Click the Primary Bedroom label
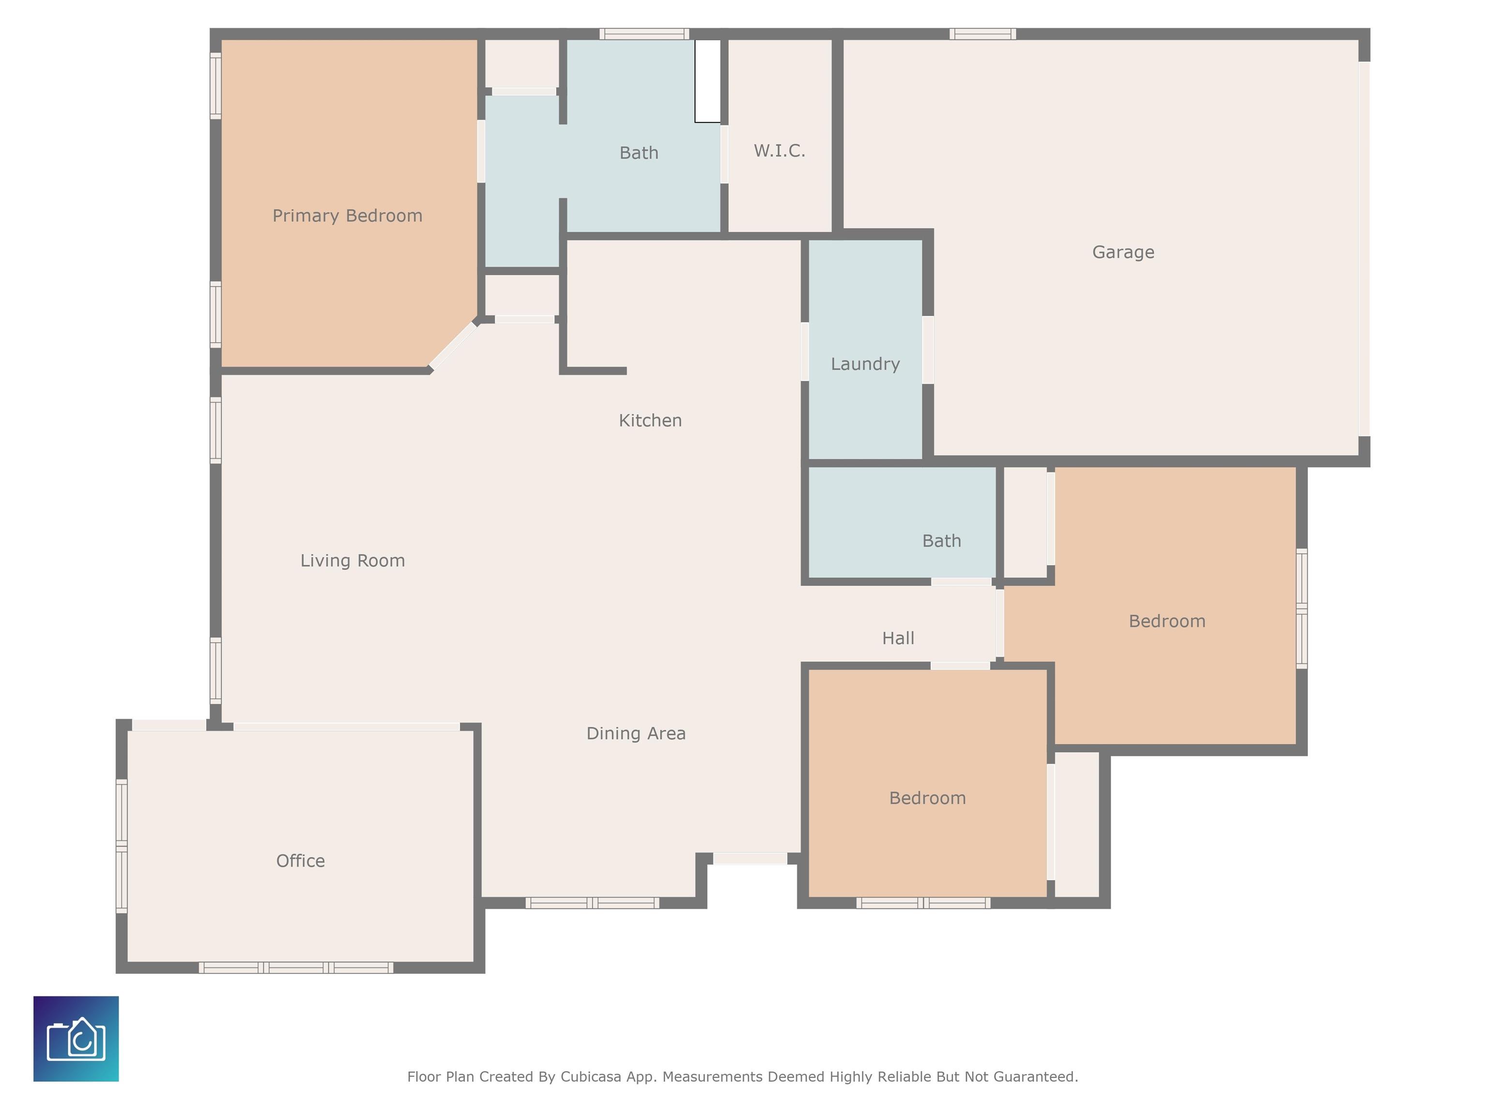(347, 216)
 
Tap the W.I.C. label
(779, 151)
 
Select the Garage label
(1123, 252)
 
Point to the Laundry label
(865, 363)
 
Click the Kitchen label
(650, 420)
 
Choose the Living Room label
(353, 560)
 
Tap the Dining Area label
(636, 733)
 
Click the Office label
(300, 861)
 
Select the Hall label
(898, 638)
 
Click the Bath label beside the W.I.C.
(639, 152)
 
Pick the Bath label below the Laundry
(942, 541)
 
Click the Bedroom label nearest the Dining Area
(928, 798)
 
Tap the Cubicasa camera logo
(76, 1039)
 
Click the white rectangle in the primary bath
(707, 81)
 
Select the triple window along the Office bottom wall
(296, 968)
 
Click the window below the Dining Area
(592, 903)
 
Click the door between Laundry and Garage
(928, 349)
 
